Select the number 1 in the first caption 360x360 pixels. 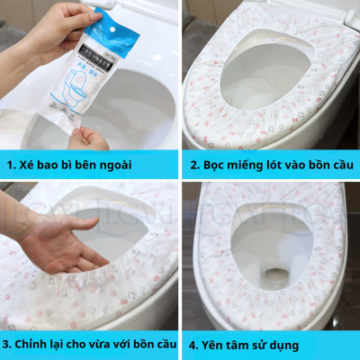tap(10, 164)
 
